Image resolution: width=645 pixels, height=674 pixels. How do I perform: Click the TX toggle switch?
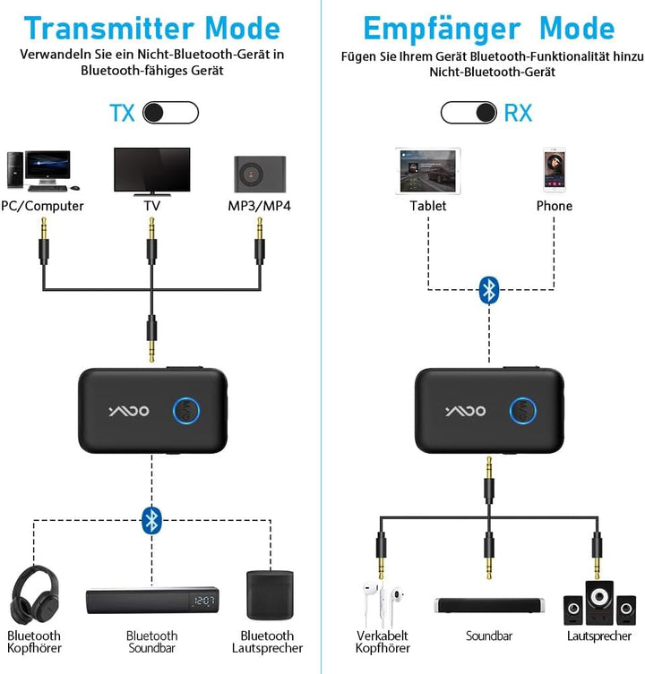(x=170, y=113)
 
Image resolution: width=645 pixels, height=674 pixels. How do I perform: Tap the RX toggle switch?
(x=469, y=113)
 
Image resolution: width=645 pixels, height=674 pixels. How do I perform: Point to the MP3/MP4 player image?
(x=260, y=172)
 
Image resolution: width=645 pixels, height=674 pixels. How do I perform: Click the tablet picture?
(x=427, y=171)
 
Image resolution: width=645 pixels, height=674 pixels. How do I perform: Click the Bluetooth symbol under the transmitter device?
(x=151, y=518)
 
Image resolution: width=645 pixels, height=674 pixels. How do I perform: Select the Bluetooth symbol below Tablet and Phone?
(x=488, y=288)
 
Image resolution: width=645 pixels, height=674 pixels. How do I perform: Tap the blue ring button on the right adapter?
(x=523, y=411)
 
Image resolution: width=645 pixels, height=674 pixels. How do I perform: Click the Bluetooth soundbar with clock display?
(x=152, y=601)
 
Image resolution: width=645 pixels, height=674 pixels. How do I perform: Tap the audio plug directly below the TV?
(x=152, y=243)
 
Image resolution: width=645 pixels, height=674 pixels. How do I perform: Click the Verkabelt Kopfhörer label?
(x=383, y=642)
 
